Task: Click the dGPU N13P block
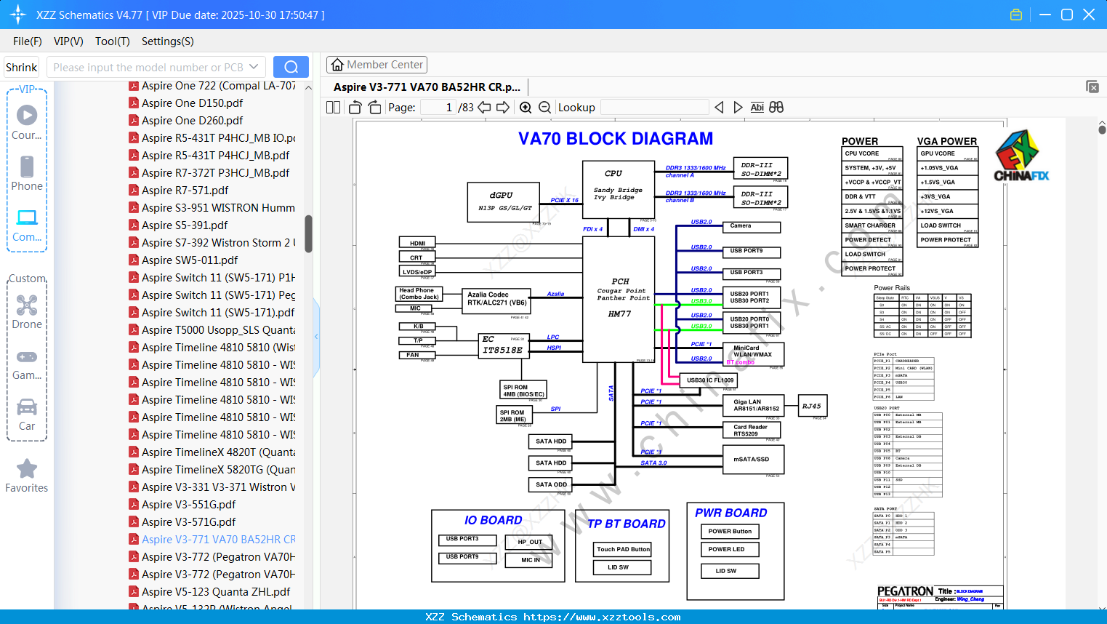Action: pyautogui.click(x=504, y=201)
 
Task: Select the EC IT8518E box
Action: pyautogui.click(x=502, y=345)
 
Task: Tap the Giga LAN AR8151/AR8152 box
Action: pyautogui.click(x=755, y=405)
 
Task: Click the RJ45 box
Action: pyautogui.click(x=811, y=407)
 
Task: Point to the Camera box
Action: pyautogui.click(x=754, y=227)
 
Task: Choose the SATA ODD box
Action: pyautogui.click(x=550, y=484)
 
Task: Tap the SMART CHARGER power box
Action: pyautogui.click(x=871, y=225)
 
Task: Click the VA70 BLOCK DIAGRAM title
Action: pyautogui.click(x=615, y=139)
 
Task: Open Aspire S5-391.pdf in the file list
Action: pyautogui.click(x=185, y=225)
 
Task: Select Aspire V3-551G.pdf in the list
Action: pyautogui.click(x=188, y=505)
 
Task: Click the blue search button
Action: pyautogui.click(x=291, y=67)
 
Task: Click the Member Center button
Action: pyautogui.click(x=377, y=65)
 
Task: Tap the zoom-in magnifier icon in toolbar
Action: pyautogui.click(x=526, y=108)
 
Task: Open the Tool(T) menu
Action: pyautogui.click(x=112, y=41)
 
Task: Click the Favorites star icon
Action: pyautogui.click(x=27, y=469)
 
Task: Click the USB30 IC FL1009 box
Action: pyautogui.click(x=710, y=380)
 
